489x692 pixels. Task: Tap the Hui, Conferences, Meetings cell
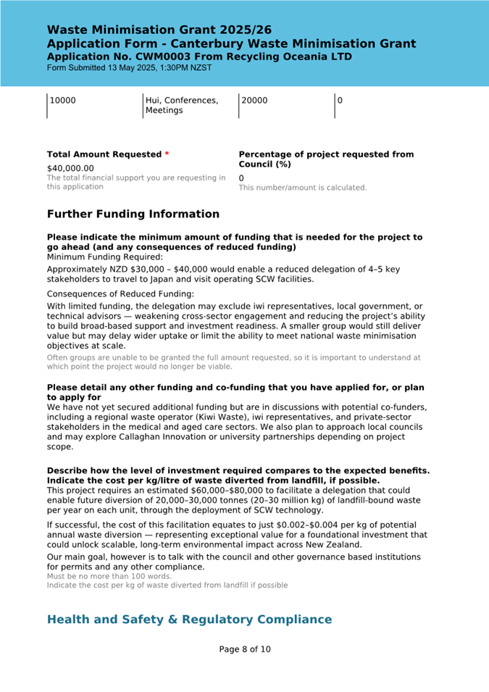tap(181, 106)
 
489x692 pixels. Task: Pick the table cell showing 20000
tap(254, 101)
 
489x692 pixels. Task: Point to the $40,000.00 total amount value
tap(70, 168)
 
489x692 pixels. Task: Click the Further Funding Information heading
tap(133, 214)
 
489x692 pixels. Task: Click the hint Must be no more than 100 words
tap(109, 576)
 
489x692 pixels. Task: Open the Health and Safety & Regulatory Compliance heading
tap(189, 620)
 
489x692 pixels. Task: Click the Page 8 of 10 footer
tap(245, 649)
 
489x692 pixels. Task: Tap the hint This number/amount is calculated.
tap(303, 188)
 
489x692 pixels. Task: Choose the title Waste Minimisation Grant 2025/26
tap(159, 30)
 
